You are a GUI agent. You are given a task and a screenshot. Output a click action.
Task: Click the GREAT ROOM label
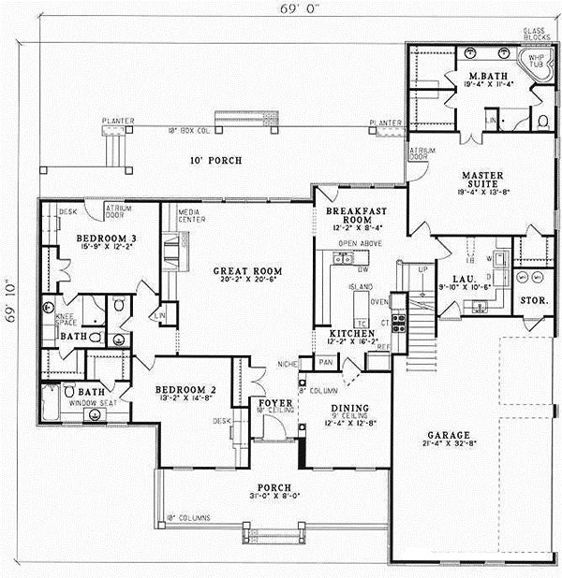[x=235, y=271]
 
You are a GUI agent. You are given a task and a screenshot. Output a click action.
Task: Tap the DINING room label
[x=348, y=410]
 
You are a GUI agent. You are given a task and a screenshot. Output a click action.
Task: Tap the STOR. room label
[x=533, y=301]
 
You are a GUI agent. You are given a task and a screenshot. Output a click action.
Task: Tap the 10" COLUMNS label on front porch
[x=186, y=516]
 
